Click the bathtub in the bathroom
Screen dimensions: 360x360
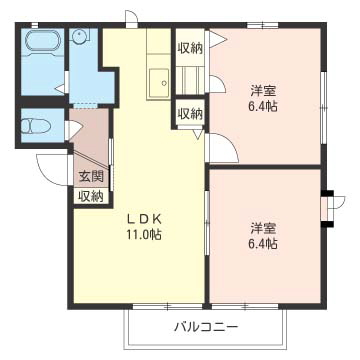42,43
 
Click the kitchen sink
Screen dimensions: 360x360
157,82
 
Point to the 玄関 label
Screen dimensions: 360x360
90,177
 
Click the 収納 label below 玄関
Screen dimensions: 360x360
90,196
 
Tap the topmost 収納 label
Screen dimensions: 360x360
190,48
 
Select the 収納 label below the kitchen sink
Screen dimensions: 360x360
190,113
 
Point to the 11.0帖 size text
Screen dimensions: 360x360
144,235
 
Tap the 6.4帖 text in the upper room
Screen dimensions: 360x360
264,107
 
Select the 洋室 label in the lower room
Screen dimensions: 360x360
263,227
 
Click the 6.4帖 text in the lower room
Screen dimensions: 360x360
264,243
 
